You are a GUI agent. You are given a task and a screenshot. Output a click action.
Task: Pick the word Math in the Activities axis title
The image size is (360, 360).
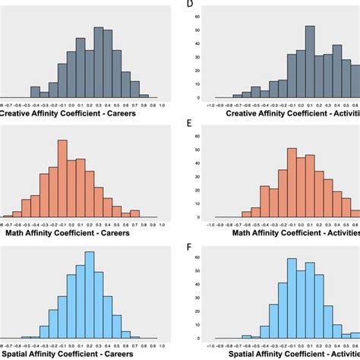[250, 233]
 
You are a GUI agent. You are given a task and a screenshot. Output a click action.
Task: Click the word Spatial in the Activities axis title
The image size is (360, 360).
[248, 353]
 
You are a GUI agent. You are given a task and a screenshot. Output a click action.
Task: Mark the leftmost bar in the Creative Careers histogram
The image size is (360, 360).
[35, 92]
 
